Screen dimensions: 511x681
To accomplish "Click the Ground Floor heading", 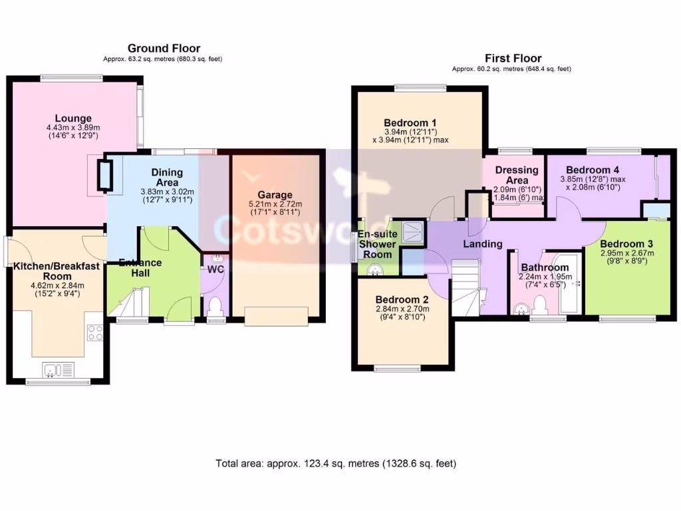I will tap(164, 48).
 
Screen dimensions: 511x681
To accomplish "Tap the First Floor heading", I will tap(513, 59).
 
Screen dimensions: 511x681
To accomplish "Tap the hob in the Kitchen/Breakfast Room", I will tap(94, 332).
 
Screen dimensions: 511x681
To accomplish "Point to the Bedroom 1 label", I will tap(410, 122).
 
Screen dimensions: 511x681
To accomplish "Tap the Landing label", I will tap(482, 244).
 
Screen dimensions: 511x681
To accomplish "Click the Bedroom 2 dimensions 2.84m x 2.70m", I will tap(402, 309).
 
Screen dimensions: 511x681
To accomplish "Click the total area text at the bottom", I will tap(336, 463).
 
